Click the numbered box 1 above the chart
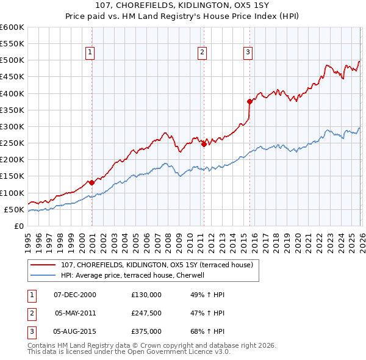click(x=90, y=53)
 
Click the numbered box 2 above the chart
click(x=201, y=53)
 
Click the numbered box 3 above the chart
click(x=248, y=53)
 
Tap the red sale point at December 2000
click(x=91, y=182)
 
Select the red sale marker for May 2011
click(x=203, y=144)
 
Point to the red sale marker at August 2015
click(x=249, y=101)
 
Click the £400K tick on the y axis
click(x=12, y=93)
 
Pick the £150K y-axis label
click(x=12, y=176)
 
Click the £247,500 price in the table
click(x=146, y=313)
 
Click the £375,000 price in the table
click(x=146, y=331)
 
